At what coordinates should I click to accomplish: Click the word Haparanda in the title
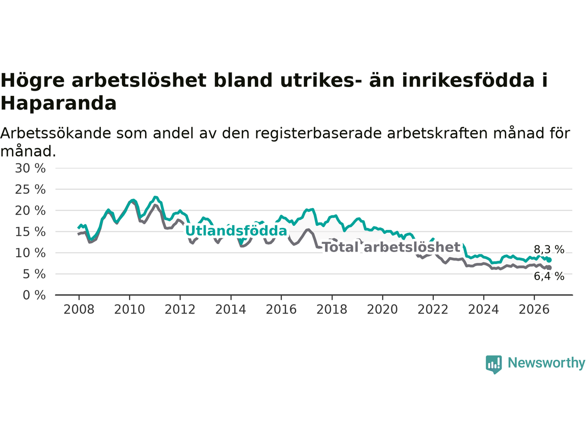(59, 103)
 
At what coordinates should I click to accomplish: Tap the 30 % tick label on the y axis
(30, 168)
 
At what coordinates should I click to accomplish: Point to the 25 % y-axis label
(30, 189)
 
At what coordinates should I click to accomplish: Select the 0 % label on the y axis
(34, 295)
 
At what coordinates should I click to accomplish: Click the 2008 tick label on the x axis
(79, 310)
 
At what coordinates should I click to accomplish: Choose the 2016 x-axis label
(281, 310)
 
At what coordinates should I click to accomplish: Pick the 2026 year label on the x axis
(534, 310)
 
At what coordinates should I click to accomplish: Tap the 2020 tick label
(382, 310)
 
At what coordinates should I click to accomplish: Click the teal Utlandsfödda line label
(236, 231)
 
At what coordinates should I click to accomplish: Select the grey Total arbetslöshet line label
(392, 247)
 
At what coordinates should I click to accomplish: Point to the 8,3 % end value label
(549, 249)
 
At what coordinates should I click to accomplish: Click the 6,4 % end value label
(549, 276)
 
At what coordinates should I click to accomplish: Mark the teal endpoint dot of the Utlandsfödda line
(549, 260)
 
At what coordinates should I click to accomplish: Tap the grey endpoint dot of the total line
(549, 268)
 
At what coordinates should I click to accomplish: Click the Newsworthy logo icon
(493, 364)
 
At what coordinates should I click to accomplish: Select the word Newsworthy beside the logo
(546, 363)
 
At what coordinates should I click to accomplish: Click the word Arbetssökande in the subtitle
(55, 133)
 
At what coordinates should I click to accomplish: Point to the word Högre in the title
(33, 81)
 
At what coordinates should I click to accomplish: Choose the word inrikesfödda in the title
(468, 80)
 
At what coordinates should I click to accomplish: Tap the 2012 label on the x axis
(180, 310)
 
